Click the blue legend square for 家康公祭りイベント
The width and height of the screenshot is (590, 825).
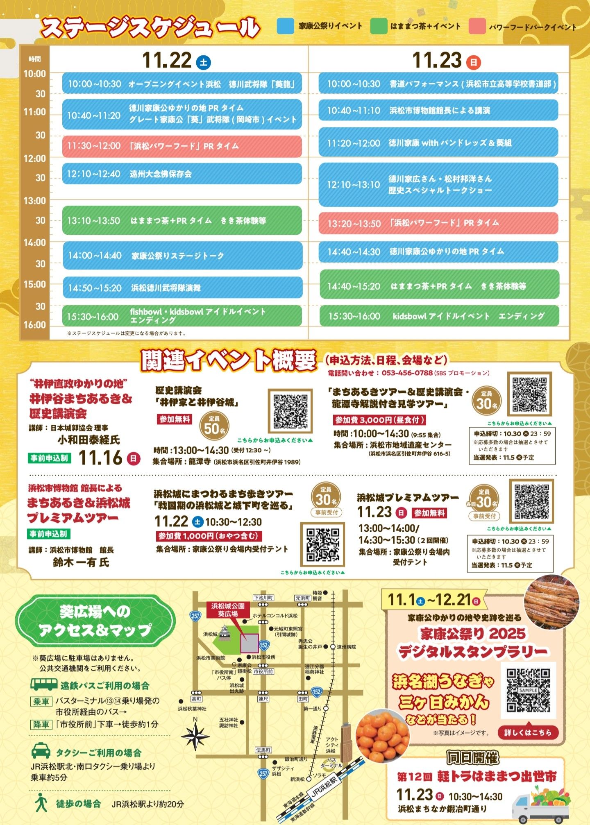click(285, 26)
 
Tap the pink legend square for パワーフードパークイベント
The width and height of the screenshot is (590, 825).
click(477, 26)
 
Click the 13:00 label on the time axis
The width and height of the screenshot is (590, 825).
click(34, 201)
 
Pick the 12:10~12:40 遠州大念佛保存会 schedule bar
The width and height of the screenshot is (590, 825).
click(182, 174)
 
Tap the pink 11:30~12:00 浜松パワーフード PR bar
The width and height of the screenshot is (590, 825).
click(182, 146)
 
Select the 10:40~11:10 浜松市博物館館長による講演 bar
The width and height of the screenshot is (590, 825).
click(438, 110)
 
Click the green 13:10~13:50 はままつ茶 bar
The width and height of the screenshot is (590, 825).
click(182, 220)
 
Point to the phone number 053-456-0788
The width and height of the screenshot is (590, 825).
click(407, 373)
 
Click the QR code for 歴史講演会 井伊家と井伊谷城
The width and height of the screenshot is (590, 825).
click(290, 411)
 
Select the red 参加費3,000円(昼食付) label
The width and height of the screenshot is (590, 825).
click(379, 420)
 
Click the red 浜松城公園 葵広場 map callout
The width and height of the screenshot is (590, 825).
click(228, 610)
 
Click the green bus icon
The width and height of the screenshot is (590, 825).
click(44, 684)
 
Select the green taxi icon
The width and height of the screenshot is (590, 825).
click(41, 751)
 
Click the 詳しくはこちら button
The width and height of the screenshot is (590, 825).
click(528, 732)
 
